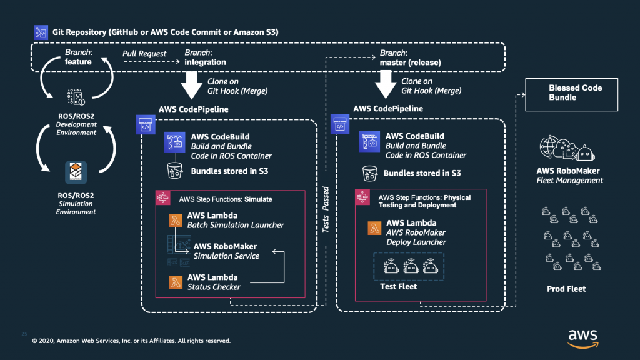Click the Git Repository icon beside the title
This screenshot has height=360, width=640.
(42, 32)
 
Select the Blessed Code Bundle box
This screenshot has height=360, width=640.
(571, 93)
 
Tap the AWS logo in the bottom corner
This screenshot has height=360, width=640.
(582, 337)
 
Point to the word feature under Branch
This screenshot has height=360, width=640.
(78, 62)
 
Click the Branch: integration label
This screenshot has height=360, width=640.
(205, 57)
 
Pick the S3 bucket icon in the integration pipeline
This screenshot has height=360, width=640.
(173, 171)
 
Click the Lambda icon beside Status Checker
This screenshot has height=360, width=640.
(176, 282)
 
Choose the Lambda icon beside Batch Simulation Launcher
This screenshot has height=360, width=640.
(176, 220)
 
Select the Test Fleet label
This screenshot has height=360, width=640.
(399, 287)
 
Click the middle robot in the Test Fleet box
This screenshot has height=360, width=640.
(409, 266)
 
